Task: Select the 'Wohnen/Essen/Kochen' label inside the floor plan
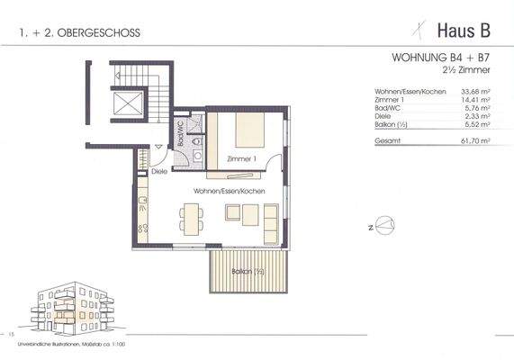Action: coord(227,192)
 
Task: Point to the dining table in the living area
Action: coord(191,216)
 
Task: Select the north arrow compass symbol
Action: coord(383,224)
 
